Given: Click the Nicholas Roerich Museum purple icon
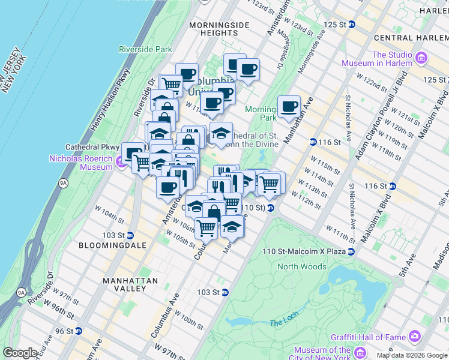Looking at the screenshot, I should tap(119, 161).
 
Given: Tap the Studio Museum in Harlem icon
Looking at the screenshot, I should tap(422, 58).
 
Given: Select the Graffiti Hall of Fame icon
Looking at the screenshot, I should tap(414, 337).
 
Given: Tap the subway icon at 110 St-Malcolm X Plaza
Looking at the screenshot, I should tap(352, 251).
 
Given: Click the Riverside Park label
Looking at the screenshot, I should tap(145, 49).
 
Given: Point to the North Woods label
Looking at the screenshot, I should tap(302, 266).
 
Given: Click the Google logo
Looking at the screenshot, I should tap(20, 353).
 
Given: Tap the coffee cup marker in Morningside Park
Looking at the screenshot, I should tap(289, 106).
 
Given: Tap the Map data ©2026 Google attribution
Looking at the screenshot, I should tap(411, 355).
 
